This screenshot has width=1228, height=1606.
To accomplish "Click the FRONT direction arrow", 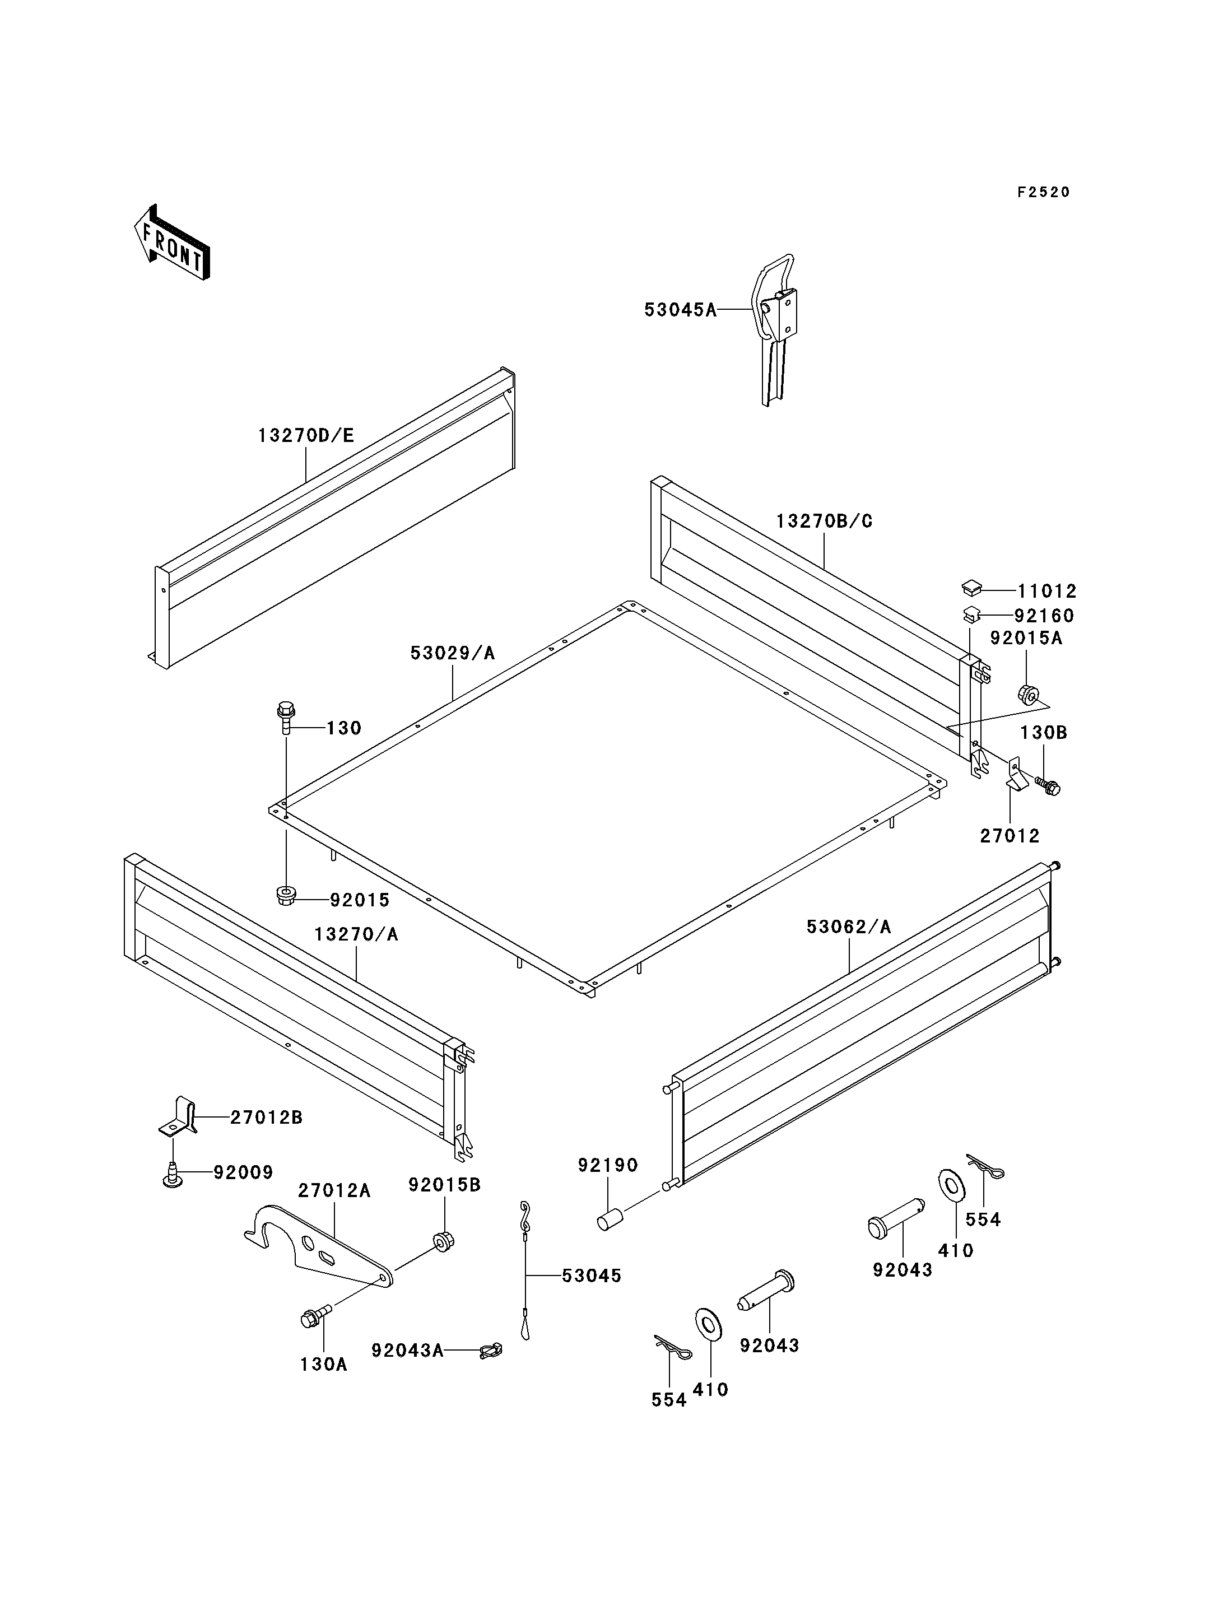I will (173, 242).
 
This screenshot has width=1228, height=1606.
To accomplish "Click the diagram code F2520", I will (1043, 192).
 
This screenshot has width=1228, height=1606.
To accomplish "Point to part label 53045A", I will (680, 310).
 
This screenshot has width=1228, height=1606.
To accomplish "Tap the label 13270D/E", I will (305, 436).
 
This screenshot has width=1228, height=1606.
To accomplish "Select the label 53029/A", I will (453, 653).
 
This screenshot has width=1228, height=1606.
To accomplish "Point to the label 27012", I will (1010, 836).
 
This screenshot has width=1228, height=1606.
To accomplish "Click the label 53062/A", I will (849, 927).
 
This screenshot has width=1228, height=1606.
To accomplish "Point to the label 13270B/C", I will (824, 521).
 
